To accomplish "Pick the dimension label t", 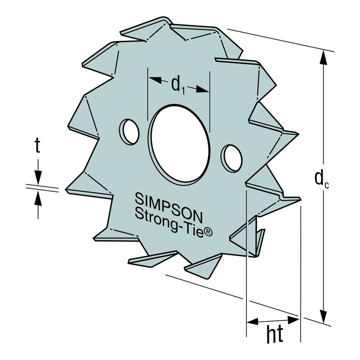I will tap(37, 146).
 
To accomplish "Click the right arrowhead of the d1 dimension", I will tap(202, 89).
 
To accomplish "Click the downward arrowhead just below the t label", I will tap(38, 178).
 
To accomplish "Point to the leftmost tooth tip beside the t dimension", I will tap(67, 189).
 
